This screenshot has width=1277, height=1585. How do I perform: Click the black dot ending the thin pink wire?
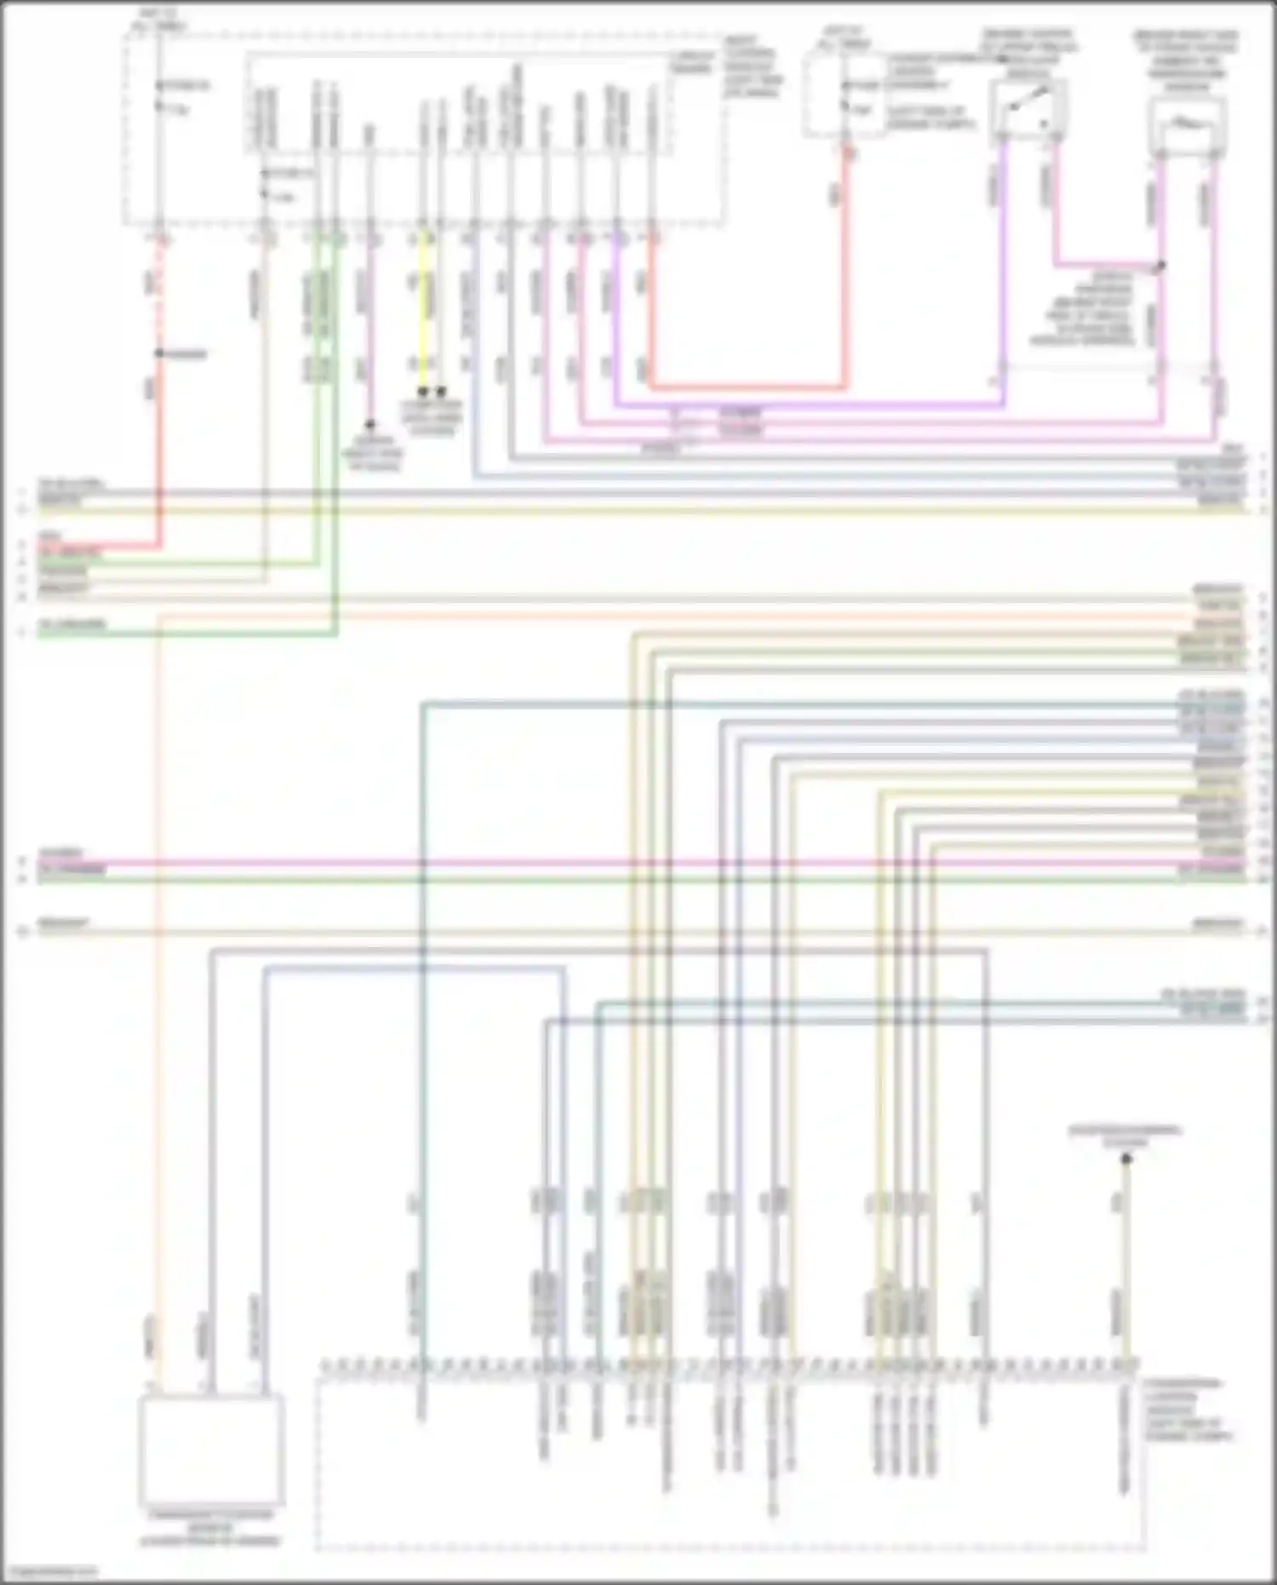pyautogui.click(x=369, y=424)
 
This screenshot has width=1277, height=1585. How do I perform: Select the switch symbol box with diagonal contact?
pyautogui.click(x=1028, y=109)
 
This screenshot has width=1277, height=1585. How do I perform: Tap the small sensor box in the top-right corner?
pyautogui.click(x=1186, y=125)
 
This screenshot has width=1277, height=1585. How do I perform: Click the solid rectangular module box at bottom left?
pyautogui.click(x=211, y=1450)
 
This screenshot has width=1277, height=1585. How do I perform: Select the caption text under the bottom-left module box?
pyautogui.click(x=211, y=1528)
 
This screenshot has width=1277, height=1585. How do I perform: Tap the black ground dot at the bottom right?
pyautogui.click(x=1125, y=1159)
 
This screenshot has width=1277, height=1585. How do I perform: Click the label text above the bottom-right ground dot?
pyautogui.click(x=1125, y=1135)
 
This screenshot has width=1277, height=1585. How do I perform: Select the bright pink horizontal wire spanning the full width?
pyautogui.click(x=638, y=863)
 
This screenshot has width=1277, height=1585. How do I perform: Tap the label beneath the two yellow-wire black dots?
pyautogui.click(x=432, y=417)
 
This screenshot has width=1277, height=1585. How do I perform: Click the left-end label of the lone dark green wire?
pyautogui.click(x=72, y=626)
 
